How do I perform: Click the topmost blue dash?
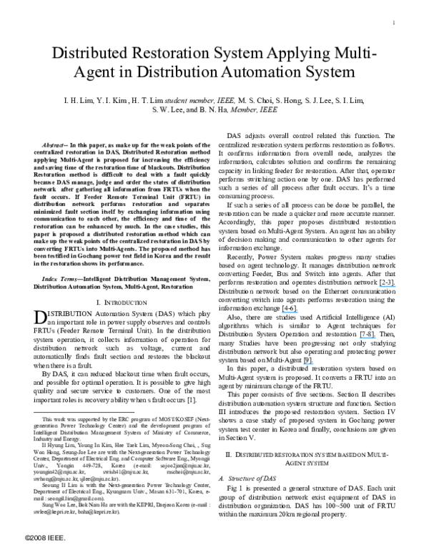coord(388,286)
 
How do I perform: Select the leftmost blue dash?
coord(290,313)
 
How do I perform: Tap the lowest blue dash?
coord(308,364)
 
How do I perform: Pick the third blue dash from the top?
coord(368,338)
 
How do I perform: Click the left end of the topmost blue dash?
coord(380,286)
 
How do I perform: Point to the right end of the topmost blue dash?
coord(396,286)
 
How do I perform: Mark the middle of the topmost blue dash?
coord(388,286)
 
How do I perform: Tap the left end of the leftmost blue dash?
coord(282,313)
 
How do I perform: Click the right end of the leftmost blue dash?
coord(297,313)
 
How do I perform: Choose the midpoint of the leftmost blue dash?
coord(290,313)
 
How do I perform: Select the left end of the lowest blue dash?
coord(303,364)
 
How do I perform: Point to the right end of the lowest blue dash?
coord(314,364)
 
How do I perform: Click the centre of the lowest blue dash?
coord(308,364)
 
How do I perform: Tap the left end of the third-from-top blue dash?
coord(360,338)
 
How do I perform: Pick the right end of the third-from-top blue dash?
coord(375,338)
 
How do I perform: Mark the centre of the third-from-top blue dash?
coord(368,338)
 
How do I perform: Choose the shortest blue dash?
coord(308,364)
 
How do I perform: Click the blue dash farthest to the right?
coord(388,286)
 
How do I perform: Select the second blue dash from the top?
coord(290,313)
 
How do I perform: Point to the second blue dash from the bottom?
coord(368,338)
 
